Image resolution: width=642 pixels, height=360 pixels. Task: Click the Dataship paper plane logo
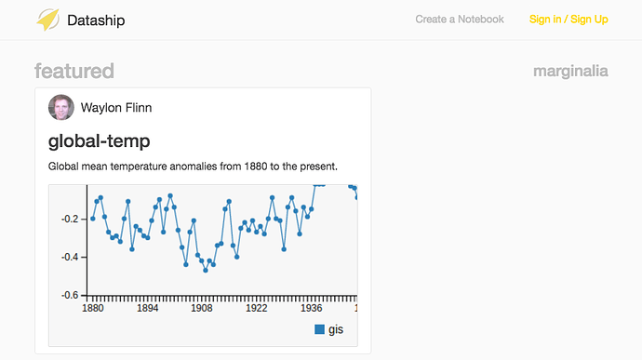click(x=47, y=20)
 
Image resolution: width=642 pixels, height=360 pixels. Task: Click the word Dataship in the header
click(x=96, y=20)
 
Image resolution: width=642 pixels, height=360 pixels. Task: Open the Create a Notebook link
click(x=460, y=20)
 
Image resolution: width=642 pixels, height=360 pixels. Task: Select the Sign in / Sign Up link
click(x=568, y=20)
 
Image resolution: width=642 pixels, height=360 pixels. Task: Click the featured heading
click(x=74, y=71)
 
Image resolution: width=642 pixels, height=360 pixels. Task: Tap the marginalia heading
click(x=570, y=72)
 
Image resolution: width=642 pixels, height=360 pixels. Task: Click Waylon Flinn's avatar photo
click(x=61, y=107)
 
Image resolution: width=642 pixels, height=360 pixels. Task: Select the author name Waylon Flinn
click(x=116, y=108)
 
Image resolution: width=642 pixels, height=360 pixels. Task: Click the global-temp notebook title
click(x=99, y=140)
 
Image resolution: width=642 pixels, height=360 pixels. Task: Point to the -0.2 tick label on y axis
click(x=70, y=220)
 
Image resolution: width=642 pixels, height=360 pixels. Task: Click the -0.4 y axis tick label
click(x=70, y=257)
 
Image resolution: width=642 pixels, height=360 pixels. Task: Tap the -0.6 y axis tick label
click(x=70, y=295)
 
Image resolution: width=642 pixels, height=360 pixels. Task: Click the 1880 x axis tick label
click(x=92, y=309)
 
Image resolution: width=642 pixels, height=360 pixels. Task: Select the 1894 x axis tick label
click(x=147, y=309)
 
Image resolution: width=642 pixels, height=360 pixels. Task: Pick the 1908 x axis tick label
click(x=202, y=309)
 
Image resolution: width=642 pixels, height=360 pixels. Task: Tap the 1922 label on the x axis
click(x=256, y=309)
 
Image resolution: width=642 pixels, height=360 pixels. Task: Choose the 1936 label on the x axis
click(x=311, y=309)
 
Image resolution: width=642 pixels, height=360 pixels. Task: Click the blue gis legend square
click(x=319, y=329)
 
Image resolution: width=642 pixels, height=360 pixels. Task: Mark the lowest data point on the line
click(x=206, y=271)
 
